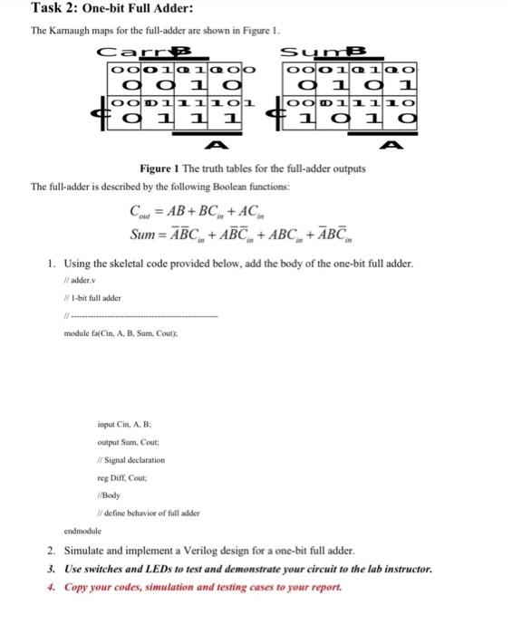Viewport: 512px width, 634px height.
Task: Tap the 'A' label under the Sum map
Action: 392,145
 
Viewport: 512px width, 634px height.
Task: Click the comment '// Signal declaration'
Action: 134,460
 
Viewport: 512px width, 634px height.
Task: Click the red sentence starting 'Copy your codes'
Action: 187,586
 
